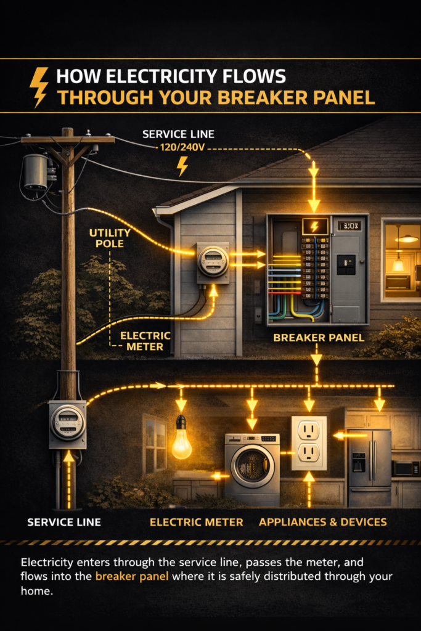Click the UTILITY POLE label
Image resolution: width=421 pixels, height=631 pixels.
pyautogui.click(x=110, y=238)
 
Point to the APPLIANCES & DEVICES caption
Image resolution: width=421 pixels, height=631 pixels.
pyautogui.click(x=323, y=522)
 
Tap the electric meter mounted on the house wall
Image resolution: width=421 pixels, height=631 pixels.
pyautogui.click(x=213, y=262)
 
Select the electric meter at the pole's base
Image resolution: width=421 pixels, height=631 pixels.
pyautogui.click(x=67, y=423)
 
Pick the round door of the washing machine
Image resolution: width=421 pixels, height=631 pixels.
pyautogui.click(x=252, y=466)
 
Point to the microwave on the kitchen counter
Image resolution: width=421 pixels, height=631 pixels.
pyautogui.click(x=404, y=468)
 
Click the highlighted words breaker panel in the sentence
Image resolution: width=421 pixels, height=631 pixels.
pyautogui.click(x=131, y=577)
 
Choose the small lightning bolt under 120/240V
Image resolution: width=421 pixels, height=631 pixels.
pyautogui.click(x=182, y=166)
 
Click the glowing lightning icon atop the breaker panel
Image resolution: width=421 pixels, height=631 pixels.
pyautogui.click(x=314, y=226)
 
